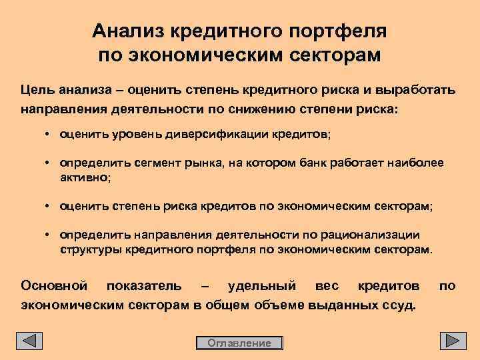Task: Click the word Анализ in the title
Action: click(129, 31)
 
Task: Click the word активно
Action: click(85, 178)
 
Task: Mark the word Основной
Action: click(54, 286)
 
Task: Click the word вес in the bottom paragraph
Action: click(327, 286)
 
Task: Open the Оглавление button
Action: click(239, 343)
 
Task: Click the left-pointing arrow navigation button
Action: click(29, 341)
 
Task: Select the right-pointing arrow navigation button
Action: click(453, 341)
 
